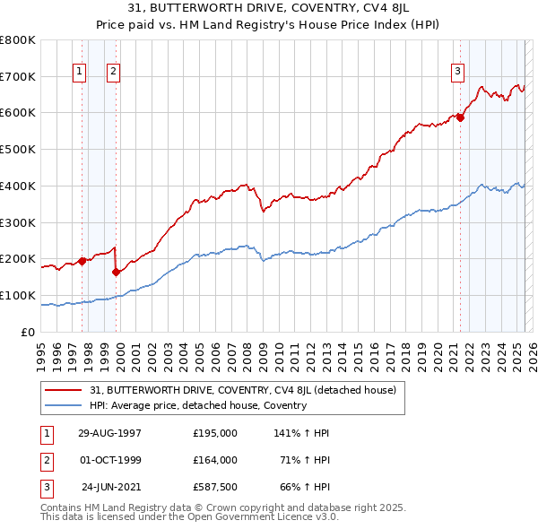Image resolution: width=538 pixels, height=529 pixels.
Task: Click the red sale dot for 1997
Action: [x=82, y=261]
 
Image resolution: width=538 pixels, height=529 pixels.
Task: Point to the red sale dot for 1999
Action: [x=117, y=272]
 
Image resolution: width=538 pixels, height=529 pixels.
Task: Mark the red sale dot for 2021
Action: [x=460, y=117]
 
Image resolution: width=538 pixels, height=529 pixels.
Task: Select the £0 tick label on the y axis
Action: [x=28, y=332]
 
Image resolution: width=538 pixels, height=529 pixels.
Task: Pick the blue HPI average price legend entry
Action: [x=198, y=405]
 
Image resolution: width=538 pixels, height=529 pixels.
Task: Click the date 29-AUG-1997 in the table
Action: [x=109, y=432]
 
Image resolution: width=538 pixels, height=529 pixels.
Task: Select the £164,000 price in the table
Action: [x=215, y=460]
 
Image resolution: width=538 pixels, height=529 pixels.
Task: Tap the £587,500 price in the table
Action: [x=215, y=487]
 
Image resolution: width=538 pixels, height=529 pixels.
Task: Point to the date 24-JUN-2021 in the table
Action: [x=111, y=487]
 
